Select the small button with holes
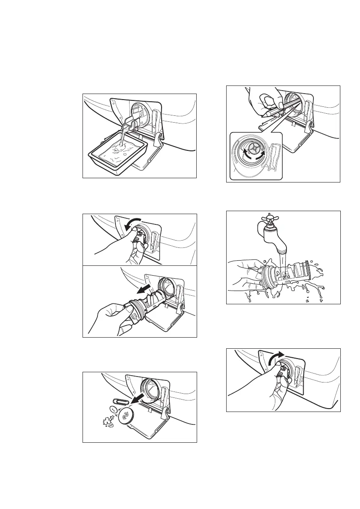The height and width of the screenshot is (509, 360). pyautogui.click(x=113, y=409)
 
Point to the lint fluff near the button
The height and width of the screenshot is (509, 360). pyautogui.click(x=105, y=423)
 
